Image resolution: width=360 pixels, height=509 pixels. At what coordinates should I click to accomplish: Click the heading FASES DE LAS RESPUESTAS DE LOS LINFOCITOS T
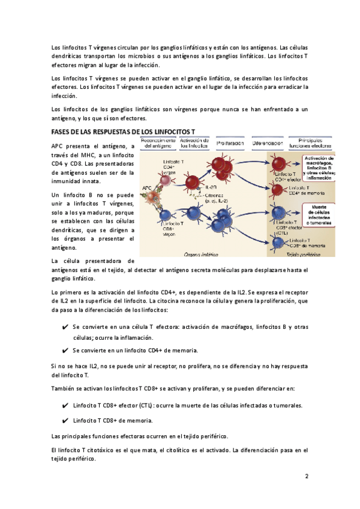click(x=123, y=131)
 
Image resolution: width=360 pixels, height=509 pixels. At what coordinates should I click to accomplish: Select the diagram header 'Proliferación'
click(x=230, y=143)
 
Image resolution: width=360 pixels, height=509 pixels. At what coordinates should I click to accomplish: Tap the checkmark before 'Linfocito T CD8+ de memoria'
click(x=64, y=420)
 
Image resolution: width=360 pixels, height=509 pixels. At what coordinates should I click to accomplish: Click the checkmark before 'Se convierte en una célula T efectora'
click(x=64, y=327)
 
